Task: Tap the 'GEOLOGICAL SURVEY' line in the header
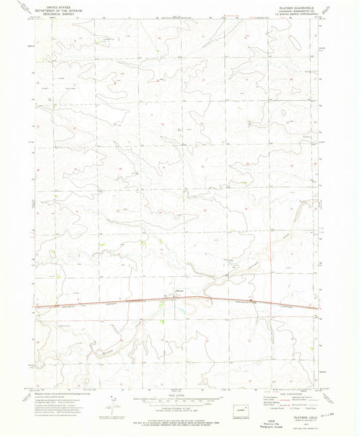[x=52, y=14]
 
